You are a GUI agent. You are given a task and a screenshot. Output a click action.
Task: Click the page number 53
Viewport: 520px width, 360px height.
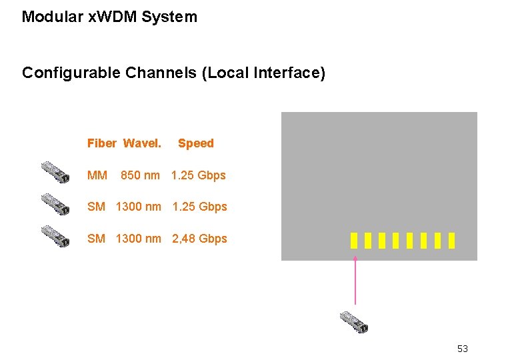tap(463, 349)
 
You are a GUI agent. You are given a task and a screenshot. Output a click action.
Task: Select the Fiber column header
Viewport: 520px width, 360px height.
tap(101, 143)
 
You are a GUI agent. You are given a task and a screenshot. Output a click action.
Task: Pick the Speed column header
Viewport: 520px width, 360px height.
tap(196, 143)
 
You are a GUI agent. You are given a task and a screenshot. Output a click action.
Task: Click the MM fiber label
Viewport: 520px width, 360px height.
tap(97, 175)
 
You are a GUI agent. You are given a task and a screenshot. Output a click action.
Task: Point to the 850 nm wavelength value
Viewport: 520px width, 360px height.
tap(140, 175)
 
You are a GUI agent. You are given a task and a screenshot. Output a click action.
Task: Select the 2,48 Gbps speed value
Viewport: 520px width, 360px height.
tap(199, 239)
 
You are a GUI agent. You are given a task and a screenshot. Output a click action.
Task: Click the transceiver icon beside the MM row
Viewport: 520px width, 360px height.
tap(55, 172)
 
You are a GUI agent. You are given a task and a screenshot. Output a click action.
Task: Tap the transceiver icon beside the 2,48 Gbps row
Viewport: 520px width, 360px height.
tap(55, 236)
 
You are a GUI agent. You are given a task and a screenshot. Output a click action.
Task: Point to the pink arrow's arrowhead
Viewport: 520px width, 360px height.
tap(355, 258)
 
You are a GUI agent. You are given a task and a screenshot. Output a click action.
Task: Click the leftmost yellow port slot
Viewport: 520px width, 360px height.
tap(354, 240)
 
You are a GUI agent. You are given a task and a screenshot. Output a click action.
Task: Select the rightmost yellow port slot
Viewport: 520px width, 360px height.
tap(452, 240)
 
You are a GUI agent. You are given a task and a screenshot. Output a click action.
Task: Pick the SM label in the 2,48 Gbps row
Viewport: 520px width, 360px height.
tap(96, 239)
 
